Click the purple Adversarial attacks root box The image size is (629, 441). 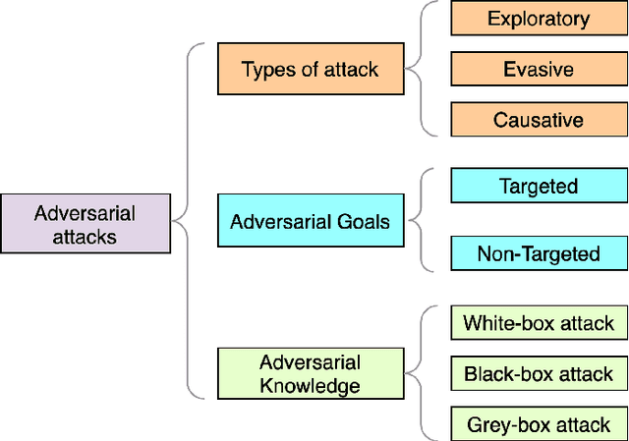click(86, 224)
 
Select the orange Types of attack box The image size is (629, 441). click(310, 70)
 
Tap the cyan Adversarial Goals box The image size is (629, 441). click(310, 222)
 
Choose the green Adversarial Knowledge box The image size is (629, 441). click(310, 373)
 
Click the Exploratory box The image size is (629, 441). click(539, 19)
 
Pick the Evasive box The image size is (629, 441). click(539, 70)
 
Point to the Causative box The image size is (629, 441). click(539, 121)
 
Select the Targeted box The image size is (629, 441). click(539, 186)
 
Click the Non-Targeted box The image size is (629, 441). click(539, 253)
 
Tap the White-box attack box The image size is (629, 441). click(539, 322)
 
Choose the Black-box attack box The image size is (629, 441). click(539, 373)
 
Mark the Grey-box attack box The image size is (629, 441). click(539, 424)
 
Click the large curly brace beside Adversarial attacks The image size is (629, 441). click(187, 220)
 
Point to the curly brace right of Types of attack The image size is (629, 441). click(421, 69)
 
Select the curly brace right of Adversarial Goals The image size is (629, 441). click(421, 220)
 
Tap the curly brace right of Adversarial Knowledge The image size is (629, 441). click(421, 373)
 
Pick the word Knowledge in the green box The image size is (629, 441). click(310, 385)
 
